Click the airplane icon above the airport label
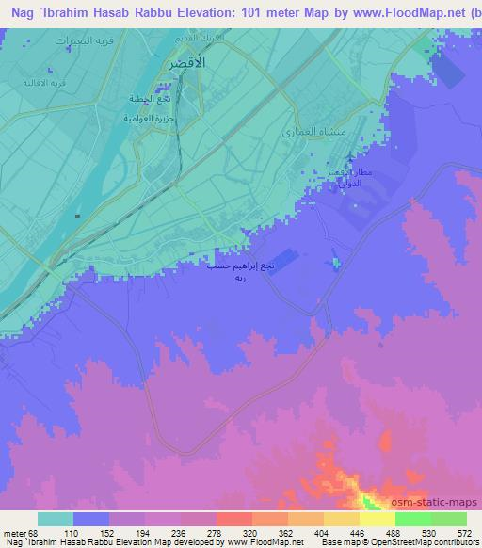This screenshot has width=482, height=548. (350, 155)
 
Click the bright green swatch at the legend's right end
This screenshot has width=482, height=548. (448, 518)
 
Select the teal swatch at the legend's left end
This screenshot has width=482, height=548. (55, 518)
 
